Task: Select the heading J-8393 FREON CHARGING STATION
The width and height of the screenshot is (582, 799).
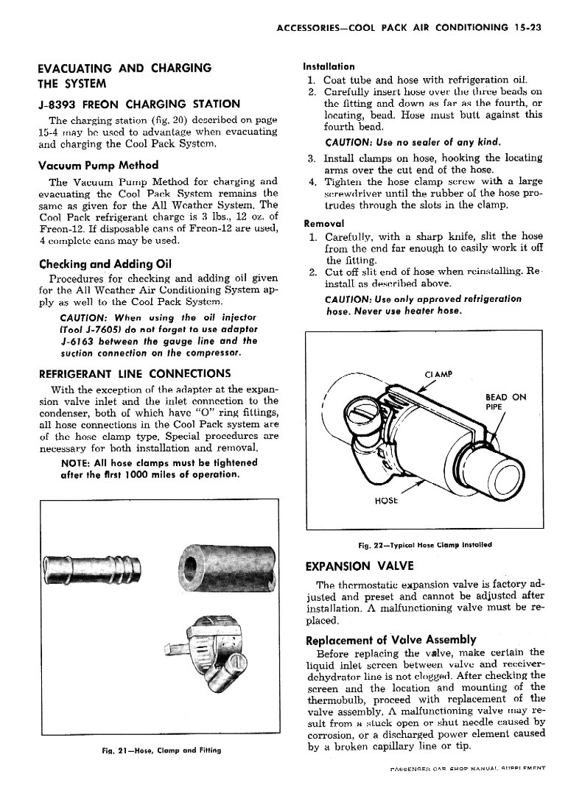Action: coord(139,104)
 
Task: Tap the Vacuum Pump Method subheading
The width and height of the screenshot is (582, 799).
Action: coord(98,165)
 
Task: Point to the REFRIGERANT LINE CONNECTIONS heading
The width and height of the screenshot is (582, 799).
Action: coord(134,373)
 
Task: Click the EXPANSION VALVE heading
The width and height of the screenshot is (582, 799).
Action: coord(360,566)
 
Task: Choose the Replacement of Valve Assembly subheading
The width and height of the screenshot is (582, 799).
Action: coord(390,639)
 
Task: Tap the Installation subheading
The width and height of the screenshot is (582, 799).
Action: coord(329,66)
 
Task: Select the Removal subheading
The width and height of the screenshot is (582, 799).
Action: coord(324,223)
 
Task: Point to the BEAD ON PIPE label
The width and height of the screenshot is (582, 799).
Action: coord(505,401)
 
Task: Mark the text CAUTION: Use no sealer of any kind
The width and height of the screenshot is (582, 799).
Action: coord(402,141)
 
